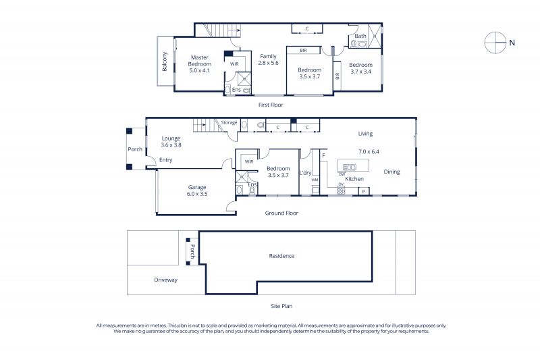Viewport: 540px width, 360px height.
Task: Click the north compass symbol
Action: pyautogui.click(x=495, y=43)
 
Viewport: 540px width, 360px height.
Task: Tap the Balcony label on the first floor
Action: pyautogui.click(x=164, y=61)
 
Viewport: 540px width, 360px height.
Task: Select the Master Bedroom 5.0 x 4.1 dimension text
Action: pyautogui.click(x=199, y=70)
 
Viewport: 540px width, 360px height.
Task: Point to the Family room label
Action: pyautogui.click(x=268, y=56)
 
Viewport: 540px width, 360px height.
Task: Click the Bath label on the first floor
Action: pyautogui.click(x=360, y=36)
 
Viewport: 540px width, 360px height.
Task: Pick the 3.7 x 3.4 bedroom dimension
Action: pyautogui.click(x=360, y=72)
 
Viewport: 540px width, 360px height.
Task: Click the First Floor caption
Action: pyautogui.click(x=271, y=105)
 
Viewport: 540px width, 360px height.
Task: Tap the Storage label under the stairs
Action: pyautogui.click(x=229, y=122)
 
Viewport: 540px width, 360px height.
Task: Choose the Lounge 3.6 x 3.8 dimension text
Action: pyautogui.click(x=171, y=145)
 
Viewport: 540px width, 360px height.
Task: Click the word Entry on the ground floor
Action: pyautogui.click(x=165, y=160)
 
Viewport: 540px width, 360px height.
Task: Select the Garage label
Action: pyautogui.click(x=197, y=187)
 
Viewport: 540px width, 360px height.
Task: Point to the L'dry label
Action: pyautogui.click(x=305, y=173)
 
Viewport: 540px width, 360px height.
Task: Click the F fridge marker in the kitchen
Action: pyautogui.click(x=324, y=156)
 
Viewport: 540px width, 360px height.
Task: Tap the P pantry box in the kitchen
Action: pyautogui.click(x=364, y=191)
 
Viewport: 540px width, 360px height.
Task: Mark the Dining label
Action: pyautogui.click(x=391, y=172)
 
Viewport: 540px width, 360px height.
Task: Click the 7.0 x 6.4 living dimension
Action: pyautogui.click(x=369, y=151)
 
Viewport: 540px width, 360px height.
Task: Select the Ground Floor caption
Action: pyautogui.click(x=281, y=213)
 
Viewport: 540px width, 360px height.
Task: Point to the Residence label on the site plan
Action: pyautogui.click(x=281, y=256)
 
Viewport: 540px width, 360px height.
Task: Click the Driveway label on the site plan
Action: pyautogui.click(x=165, y=280)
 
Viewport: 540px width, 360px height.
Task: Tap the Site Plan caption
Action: pyautogui.click(x=281, y=306)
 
